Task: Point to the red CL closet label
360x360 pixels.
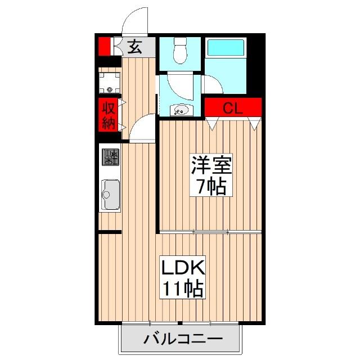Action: (233, 107)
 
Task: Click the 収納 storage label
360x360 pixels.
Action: (109, 115)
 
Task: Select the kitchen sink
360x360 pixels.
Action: (110, 194)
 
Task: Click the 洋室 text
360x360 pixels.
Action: (211, 164)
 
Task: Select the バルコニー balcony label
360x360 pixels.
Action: (183, 339)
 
